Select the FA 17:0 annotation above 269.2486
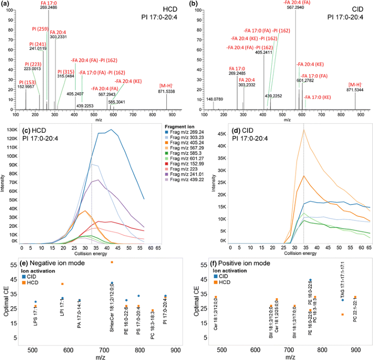(x=48, y=3)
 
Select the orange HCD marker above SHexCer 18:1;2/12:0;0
(x=112, y=263)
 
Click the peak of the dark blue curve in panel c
(x=111, y=129)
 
